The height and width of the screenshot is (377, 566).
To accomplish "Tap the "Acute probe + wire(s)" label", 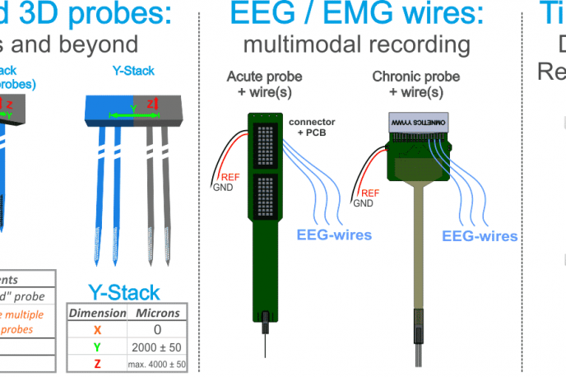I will tap(264, 83).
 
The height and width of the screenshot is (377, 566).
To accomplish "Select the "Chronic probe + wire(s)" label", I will tap(408, 83).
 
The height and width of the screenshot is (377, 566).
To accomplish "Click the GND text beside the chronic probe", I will tap(362, 203).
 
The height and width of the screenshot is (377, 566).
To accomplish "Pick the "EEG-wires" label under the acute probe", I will tap(332, 235).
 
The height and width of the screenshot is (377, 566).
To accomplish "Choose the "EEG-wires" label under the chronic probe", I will tap(480, 236).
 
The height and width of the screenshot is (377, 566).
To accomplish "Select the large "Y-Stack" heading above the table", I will tap(124, 292).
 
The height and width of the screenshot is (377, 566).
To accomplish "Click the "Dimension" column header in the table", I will tap(97, 313).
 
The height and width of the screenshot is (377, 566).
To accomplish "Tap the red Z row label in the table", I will tap(97, 363).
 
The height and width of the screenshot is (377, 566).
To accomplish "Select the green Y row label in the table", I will tap(97, 347).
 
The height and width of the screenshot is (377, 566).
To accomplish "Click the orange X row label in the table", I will tap(97, 330).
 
